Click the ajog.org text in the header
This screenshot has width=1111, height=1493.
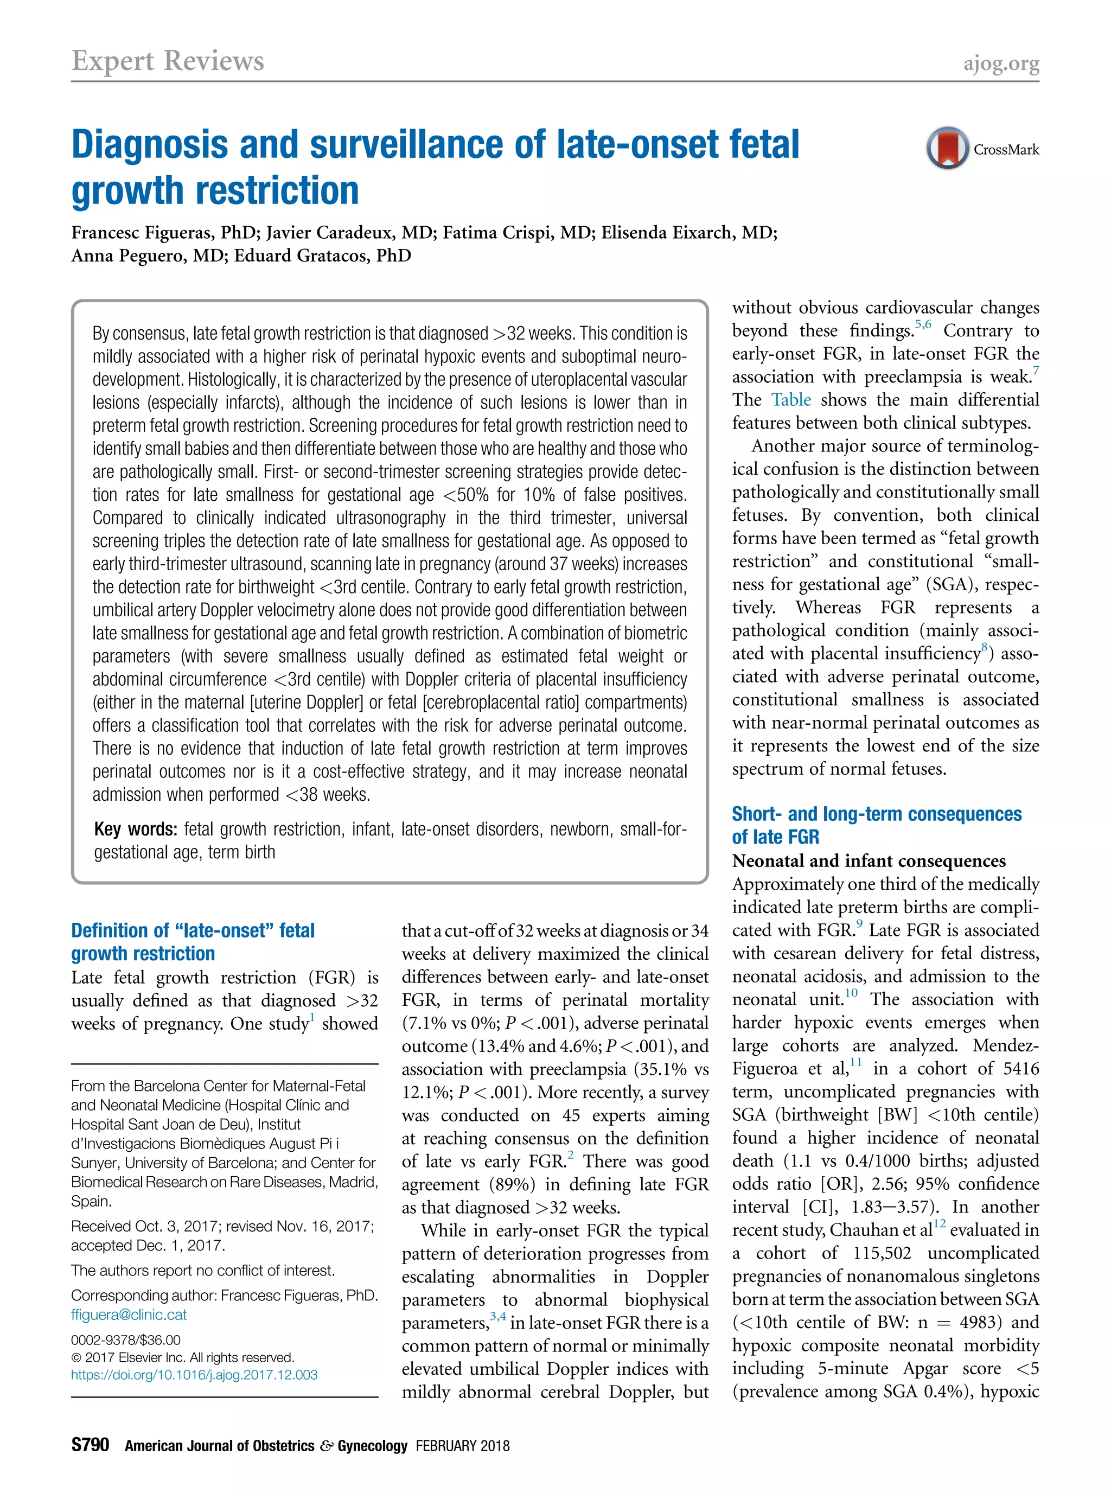click(1001, 63)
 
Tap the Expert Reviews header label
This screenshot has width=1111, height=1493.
click(168, 61)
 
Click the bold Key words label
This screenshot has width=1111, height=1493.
click(135, 828)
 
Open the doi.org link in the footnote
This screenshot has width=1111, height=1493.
click(194, 1375)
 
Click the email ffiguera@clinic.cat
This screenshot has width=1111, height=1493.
click(129, 1314)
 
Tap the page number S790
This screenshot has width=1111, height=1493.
click(90, 1445)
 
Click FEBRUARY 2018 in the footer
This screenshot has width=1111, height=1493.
click(462, 1446)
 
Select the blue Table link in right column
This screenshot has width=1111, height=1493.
click(791, 400)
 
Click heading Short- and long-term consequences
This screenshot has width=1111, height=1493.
click(876, 814)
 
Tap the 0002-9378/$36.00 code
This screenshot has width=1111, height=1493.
click(126, 1339)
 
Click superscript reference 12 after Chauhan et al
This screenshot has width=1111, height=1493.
click(940, 1224)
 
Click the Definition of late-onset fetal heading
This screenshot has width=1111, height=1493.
click(193, 931)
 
